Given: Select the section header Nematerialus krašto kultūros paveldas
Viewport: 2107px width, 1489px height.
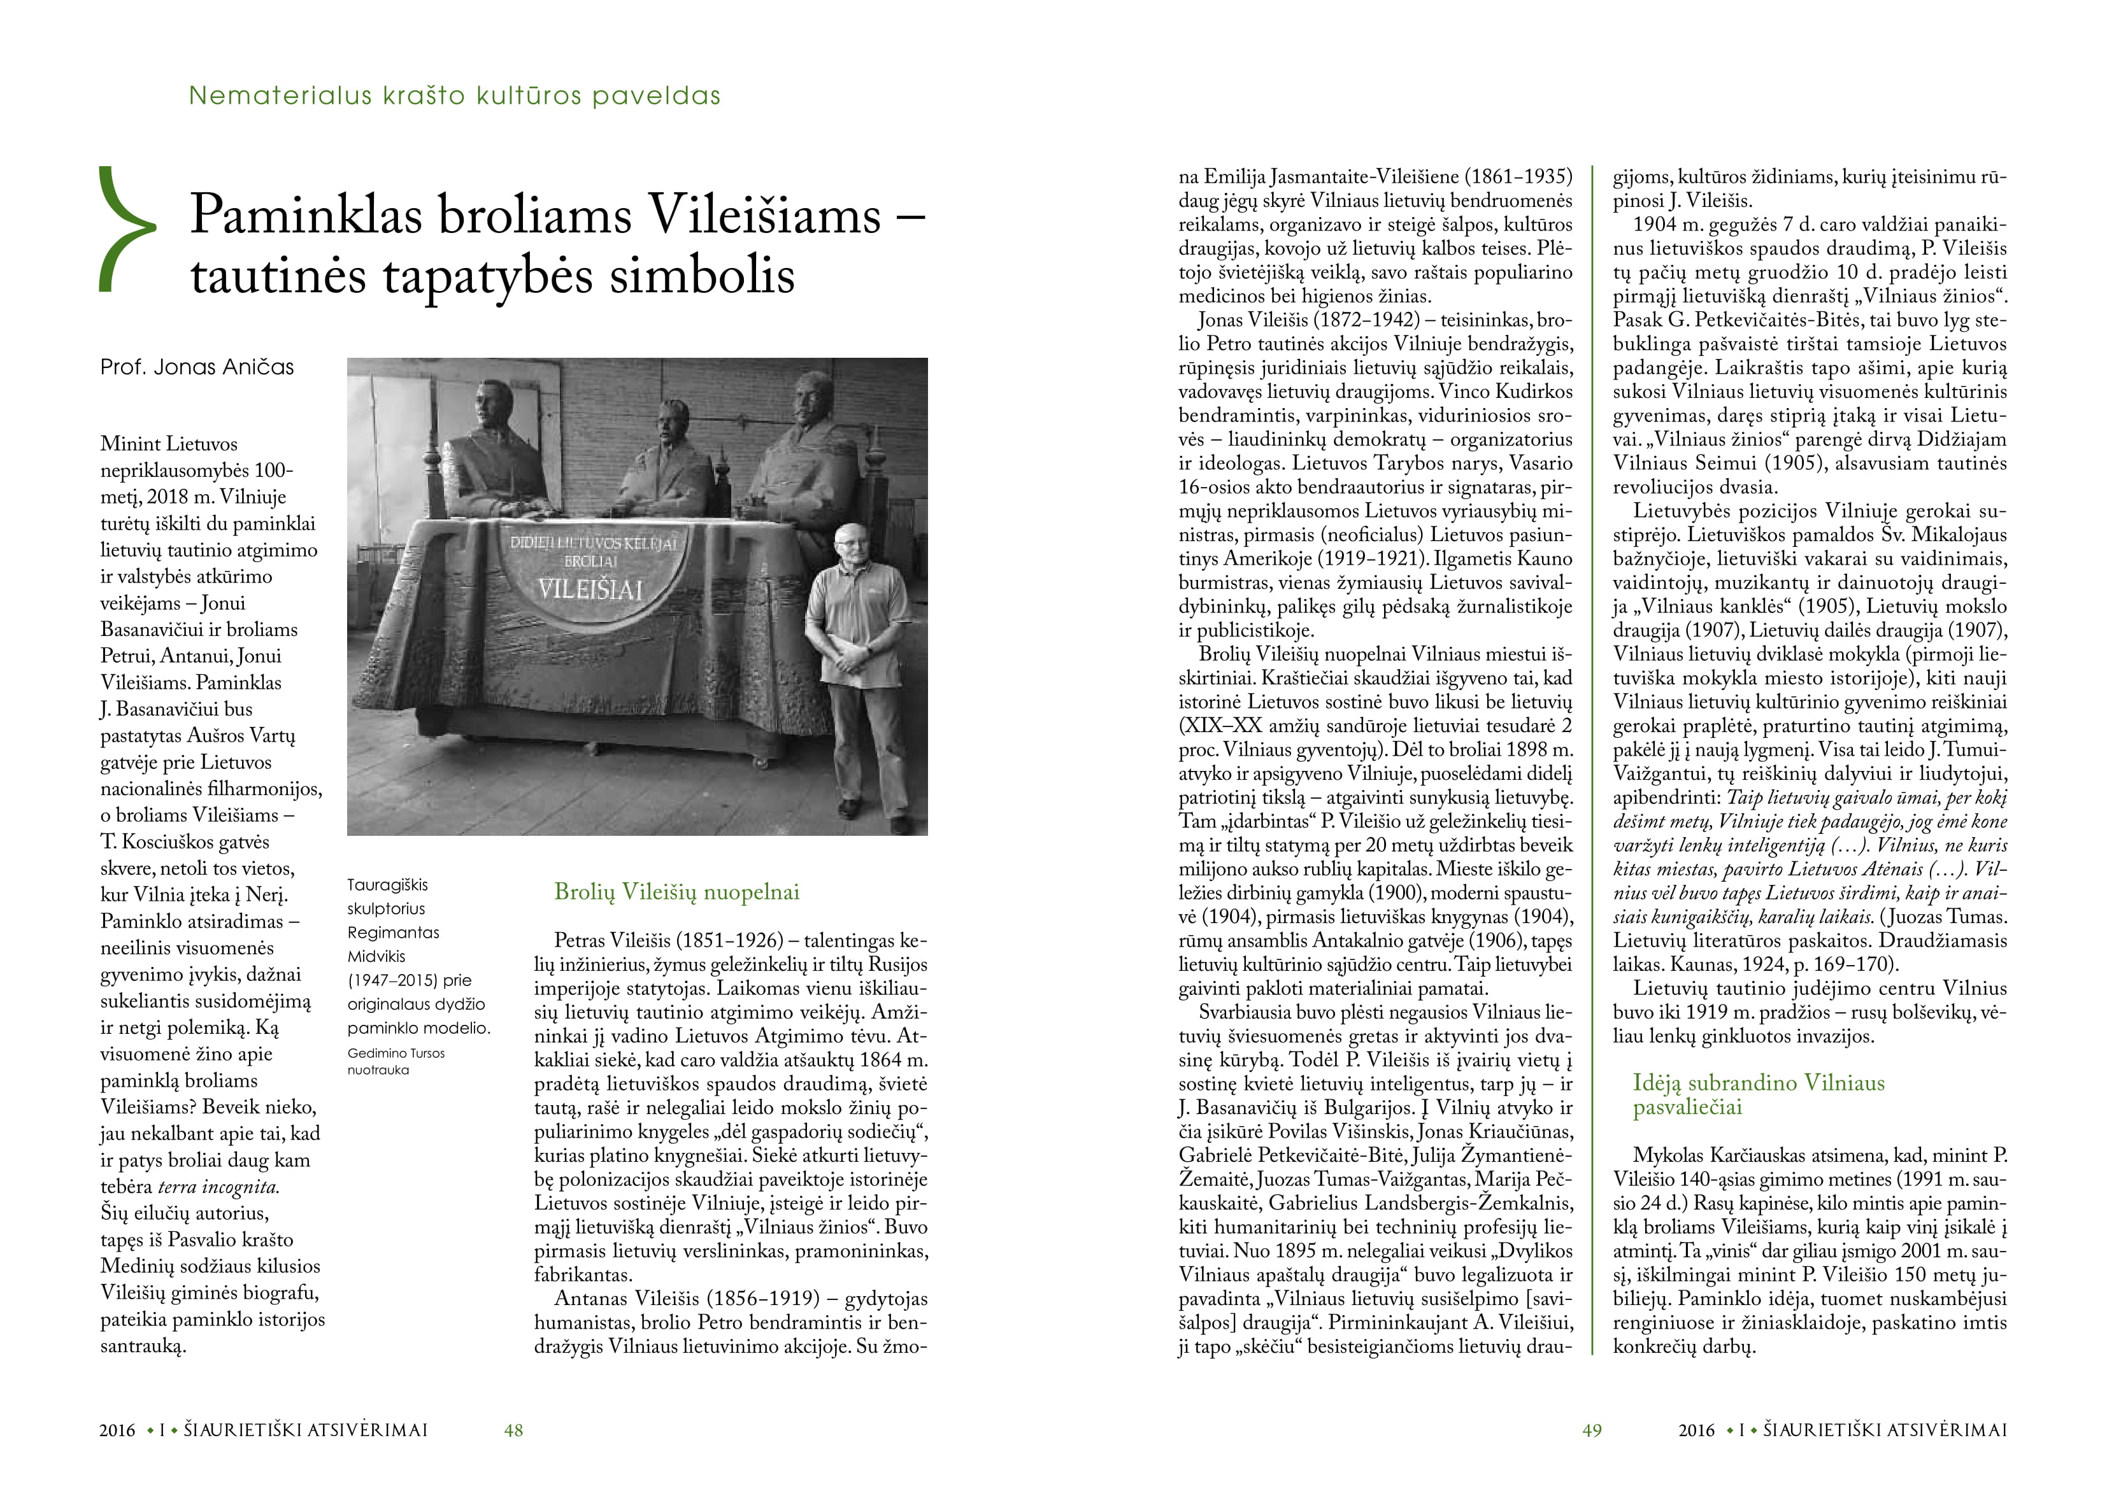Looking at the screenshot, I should tap(454, 96).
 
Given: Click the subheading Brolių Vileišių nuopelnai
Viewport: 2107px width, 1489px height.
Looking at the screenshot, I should tap(676, 892).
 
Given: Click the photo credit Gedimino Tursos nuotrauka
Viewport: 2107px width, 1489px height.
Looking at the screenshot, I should tap(396, 1061).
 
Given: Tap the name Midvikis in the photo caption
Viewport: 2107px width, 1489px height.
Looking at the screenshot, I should tap(376, 956).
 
